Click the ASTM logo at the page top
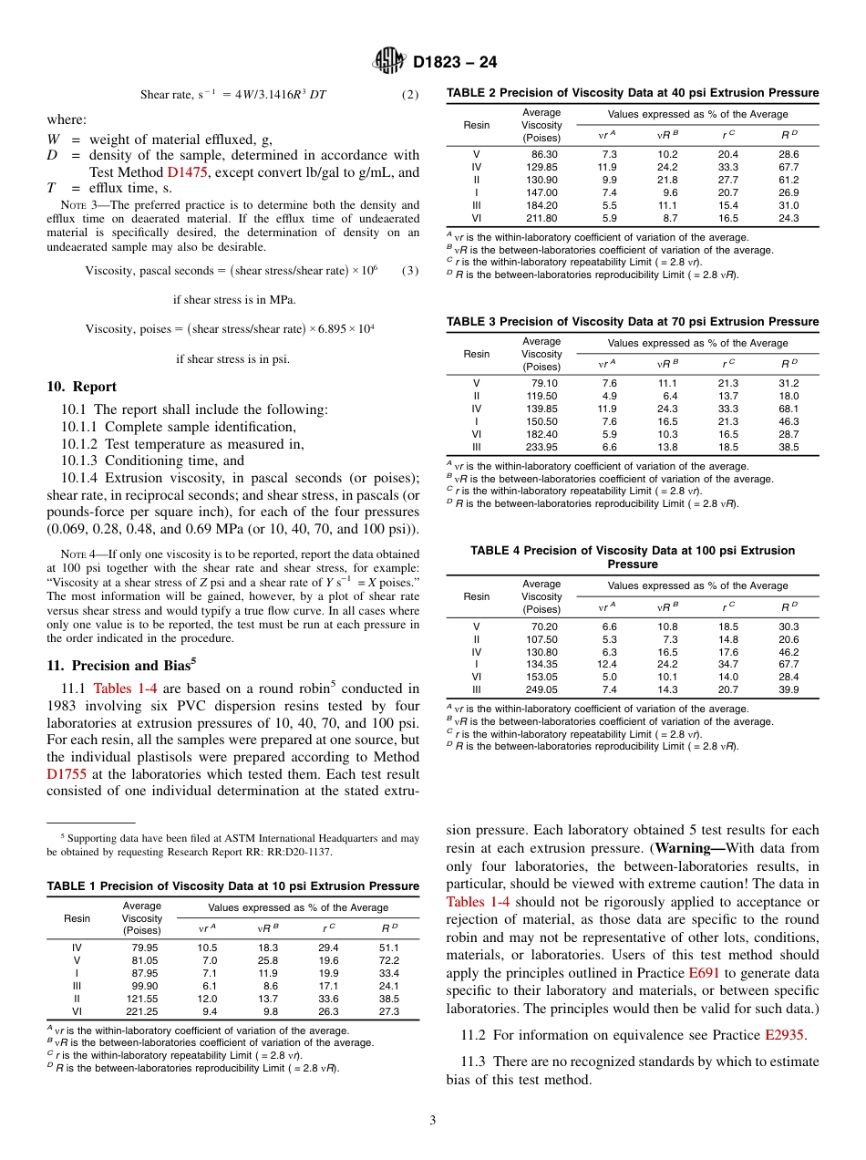tap(390, 62)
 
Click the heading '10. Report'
tap(82, 387)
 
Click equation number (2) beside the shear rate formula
tap(409, 95)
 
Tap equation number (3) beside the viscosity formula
tap(409, 271)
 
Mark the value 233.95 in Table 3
tap(541, 447)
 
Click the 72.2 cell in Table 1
tap(388, 960)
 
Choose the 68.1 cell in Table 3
tap(789, 409)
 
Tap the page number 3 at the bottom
tap(432, 1118)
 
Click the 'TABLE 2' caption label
tap(471, 93)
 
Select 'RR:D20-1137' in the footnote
tap(300, 852)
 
